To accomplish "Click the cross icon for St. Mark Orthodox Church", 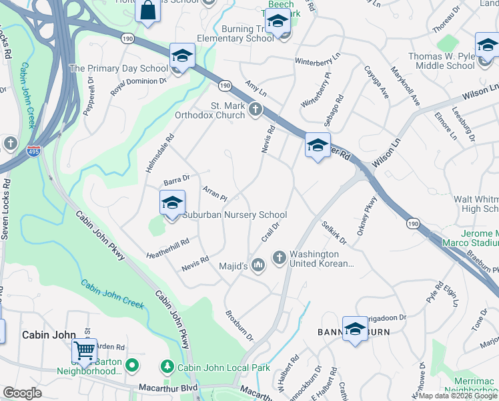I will pos(254,109).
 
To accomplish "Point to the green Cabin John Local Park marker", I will pos(167,367).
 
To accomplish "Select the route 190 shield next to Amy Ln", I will pos(225,85).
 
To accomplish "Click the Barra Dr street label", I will pos(177,179).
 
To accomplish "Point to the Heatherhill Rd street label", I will pos(167,248).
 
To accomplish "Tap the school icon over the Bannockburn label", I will pos(356,328).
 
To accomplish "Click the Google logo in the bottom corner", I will pos(23,393).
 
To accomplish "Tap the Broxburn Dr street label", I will pos(239,325).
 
